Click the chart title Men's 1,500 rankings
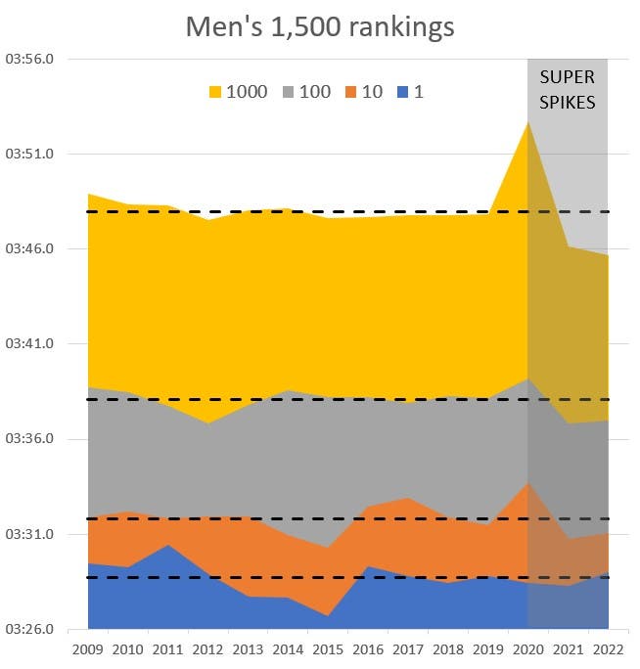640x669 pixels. [x=320, y=26]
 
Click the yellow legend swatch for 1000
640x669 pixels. [x=215, y=93]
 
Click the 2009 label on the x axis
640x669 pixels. [x=88, y=648]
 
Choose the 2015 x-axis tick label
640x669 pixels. [x=328, y=648]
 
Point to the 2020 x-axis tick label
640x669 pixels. [x=528, y=648]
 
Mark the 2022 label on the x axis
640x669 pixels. [x=608, y=648]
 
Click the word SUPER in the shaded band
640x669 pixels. [x=568, y=77]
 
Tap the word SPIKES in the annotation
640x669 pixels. [x=568, y=101]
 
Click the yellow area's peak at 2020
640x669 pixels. [x=528, y=122]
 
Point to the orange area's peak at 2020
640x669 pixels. [x=528, y=483]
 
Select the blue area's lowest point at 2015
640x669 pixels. [x=328, y=616]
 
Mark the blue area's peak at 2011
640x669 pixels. [x=168, y=545]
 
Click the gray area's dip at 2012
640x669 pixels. [x=207, y=423]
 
